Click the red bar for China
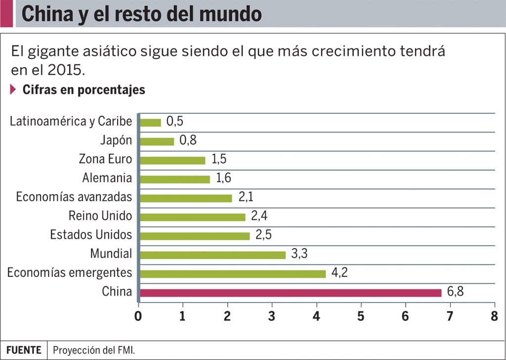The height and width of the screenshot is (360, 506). tap(291, 292)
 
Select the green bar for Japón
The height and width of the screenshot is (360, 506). tap(157, 141)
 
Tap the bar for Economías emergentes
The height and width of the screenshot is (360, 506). tap(233, 273)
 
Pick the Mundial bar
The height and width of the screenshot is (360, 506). tap(213, 255)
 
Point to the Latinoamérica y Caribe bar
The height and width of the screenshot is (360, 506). tap(151, 122)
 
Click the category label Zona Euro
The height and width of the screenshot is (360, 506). tap(105, 159)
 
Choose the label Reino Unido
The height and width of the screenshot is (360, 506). tap(100, 216)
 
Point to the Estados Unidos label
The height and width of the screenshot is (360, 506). tap(91, 235)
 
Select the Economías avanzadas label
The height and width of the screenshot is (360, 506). tap(74, 197)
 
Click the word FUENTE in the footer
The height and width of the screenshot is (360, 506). tap(24, 350)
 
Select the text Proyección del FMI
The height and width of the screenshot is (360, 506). tap(93, 350)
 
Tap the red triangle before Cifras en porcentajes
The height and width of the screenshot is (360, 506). tap(13, 90)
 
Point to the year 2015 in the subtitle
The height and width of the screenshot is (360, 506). tap(65, 70)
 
